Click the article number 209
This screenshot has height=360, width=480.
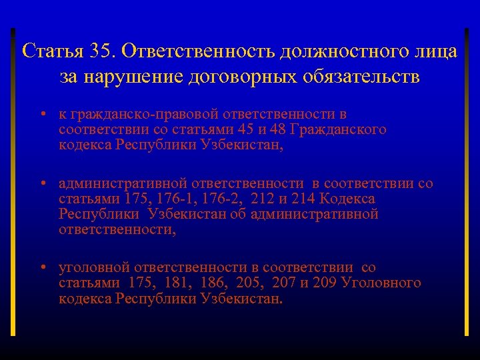323,283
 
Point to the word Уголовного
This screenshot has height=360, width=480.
381,283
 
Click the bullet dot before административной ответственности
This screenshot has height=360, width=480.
41,183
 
